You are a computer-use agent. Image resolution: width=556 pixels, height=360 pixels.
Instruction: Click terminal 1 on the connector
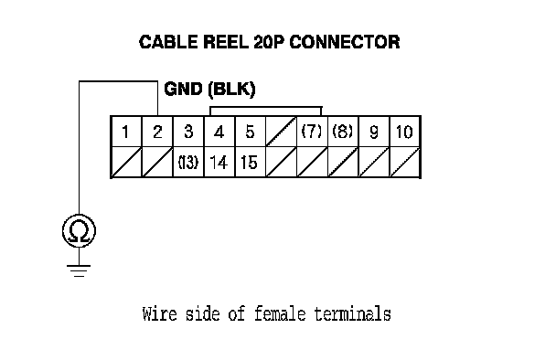125,132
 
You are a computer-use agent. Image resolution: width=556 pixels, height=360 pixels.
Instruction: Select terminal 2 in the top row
157,132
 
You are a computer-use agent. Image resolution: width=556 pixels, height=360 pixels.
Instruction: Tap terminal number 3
188,132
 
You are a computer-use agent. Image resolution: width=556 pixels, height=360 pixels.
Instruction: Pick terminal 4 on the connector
219,132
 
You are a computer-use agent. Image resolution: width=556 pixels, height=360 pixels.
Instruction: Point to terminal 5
250,132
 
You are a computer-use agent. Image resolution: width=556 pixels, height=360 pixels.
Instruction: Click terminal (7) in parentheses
312,132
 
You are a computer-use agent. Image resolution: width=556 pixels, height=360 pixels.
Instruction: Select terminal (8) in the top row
343,132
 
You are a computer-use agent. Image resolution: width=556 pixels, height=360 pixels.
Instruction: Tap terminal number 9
374,132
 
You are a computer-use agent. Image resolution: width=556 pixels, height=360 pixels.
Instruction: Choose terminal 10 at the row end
404,132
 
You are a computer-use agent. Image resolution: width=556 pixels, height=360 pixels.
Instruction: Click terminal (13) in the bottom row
188,163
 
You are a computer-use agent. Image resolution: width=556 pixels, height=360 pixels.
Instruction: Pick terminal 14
219,163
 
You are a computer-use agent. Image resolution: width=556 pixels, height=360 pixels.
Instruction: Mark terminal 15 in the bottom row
249,163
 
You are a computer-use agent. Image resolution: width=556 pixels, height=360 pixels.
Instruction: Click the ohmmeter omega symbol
79,231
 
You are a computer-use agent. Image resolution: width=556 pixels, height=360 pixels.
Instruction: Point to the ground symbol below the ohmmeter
79,270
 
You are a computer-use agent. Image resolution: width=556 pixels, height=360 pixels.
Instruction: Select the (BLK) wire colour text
232,89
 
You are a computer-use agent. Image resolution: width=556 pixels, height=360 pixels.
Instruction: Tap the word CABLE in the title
168,42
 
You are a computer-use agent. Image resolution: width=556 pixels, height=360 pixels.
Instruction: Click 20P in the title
269,42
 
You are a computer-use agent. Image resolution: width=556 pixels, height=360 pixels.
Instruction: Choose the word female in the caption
280,314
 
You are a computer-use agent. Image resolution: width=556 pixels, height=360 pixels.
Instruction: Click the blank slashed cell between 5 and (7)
281,132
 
